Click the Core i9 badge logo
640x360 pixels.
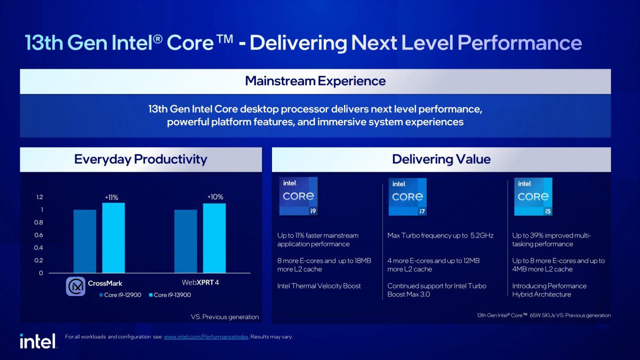[x=298, y=196]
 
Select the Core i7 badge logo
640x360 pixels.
[x=407, y=197]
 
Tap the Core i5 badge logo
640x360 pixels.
[x=533, y=196]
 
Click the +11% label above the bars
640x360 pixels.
[x=111, y=197]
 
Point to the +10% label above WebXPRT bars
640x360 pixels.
[x=215, y=197]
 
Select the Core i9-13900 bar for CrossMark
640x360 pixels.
[x=113, y=238]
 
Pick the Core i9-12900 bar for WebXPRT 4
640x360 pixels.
[x=185, y=241]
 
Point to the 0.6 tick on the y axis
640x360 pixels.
[x=39, y=235]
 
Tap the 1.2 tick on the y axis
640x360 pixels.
[x=39, y=197]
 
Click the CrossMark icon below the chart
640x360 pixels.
[x=75, y=286]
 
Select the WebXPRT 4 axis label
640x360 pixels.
[x=200, y=282]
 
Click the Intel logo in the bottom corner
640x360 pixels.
[x=38, y=341]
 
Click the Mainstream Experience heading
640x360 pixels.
[x=315, y=81]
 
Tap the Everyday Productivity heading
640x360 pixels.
[x=140, y=159]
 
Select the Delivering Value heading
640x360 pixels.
[x=441, y=159]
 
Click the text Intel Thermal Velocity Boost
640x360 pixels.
[x=319, y=286]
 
